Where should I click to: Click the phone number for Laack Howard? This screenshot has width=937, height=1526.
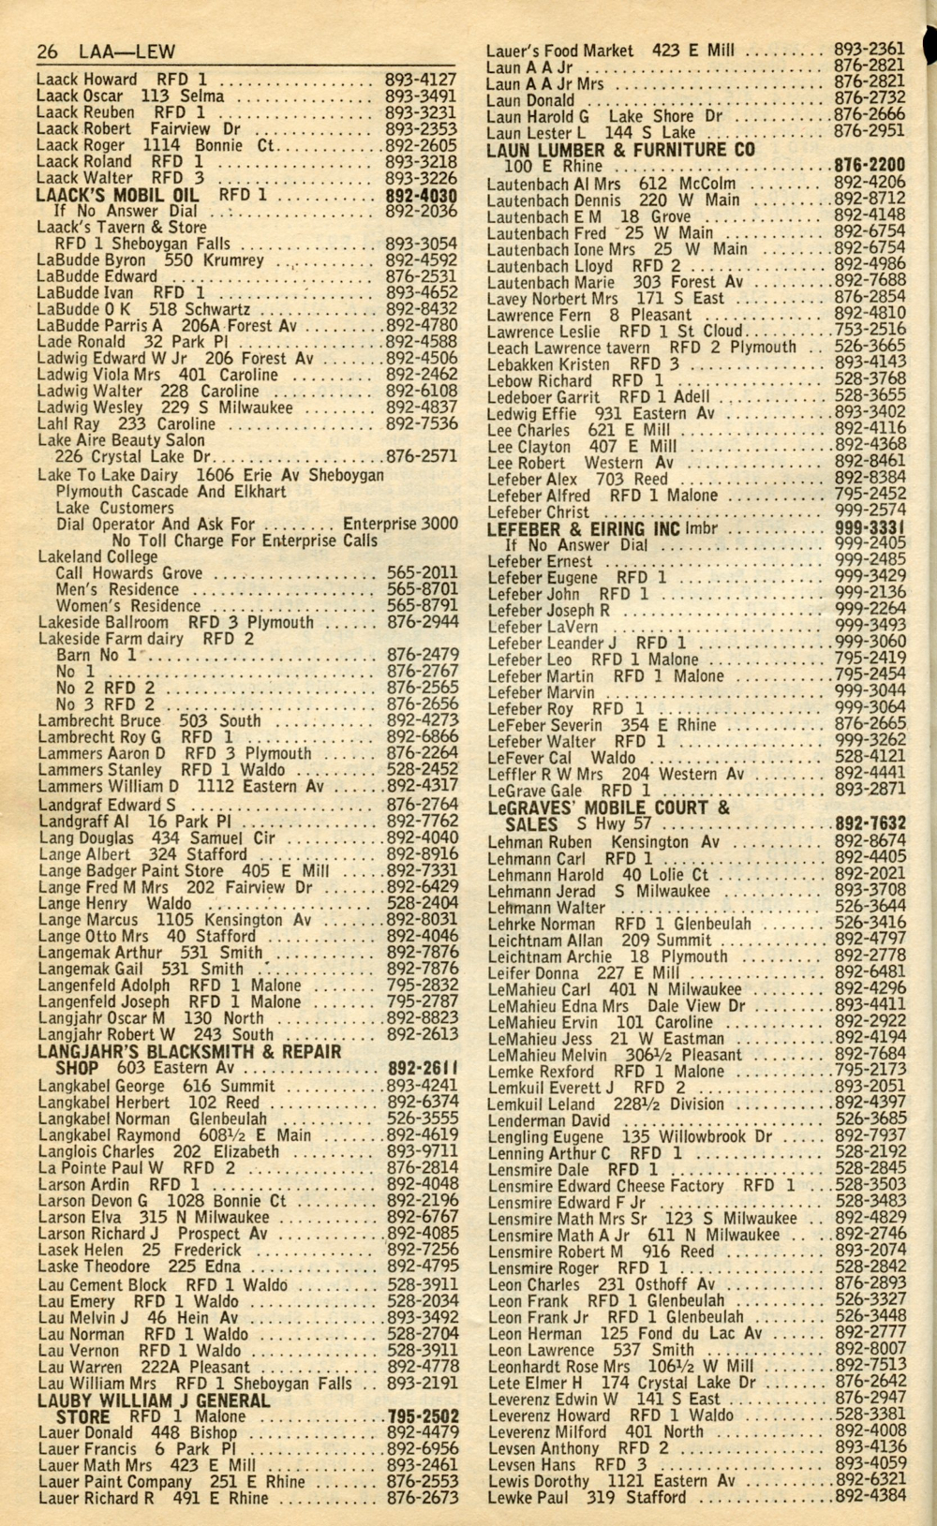point(421,80)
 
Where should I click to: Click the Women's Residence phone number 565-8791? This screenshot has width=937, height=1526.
point(422,606)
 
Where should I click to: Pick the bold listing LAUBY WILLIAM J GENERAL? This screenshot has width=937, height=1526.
point(153,1400)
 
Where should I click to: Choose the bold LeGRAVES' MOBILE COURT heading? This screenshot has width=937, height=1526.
point(608,807)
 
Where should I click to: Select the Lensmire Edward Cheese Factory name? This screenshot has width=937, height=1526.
point(605,1186)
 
